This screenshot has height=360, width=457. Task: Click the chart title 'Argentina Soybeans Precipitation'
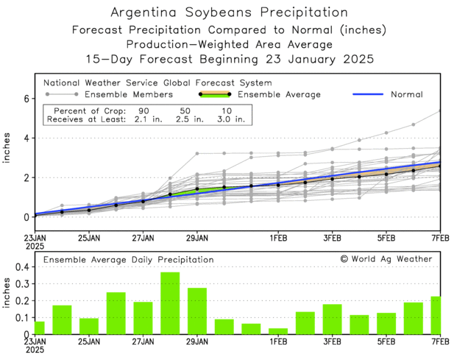click(x=228, y=13)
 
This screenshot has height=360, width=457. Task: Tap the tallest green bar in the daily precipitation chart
click(x=170, y=303)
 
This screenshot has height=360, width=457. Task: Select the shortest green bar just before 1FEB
click(x=278, y=331)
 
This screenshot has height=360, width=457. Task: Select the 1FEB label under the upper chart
click(x=277, y=239)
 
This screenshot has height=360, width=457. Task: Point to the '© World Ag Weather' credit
click(x=386, y=259)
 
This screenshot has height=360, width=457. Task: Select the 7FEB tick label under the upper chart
click(x=440, y=239)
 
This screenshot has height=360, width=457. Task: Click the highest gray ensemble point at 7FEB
click(x=440, y=111)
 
